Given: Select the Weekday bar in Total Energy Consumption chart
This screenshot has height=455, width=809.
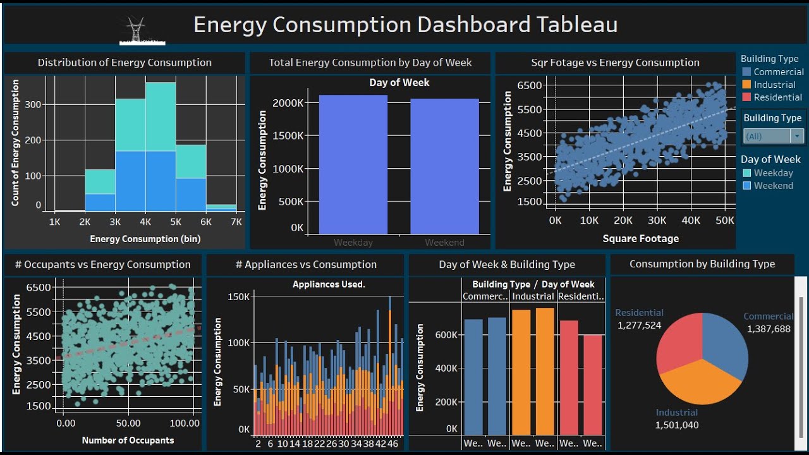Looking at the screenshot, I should pos(353,164).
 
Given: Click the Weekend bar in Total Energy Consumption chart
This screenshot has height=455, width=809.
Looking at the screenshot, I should pos(444,166).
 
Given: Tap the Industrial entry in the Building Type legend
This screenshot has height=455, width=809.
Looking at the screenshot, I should pos(774,85).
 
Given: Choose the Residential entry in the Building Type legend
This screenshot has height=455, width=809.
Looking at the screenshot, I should pos(777,97).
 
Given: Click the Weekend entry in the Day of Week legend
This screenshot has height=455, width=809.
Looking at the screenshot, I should pos(773,186).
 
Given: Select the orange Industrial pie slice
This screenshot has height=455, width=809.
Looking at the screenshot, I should pos(698,382).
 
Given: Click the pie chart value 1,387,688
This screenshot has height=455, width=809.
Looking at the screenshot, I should pos(769,329).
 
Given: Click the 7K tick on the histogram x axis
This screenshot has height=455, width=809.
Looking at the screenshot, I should pos(236,222).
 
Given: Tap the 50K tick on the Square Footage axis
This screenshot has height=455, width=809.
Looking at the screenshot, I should pos(724,221).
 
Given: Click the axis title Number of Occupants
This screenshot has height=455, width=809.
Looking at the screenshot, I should pos(128,440).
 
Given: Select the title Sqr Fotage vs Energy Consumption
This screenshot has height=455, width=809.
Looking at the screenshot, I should pos(615,63).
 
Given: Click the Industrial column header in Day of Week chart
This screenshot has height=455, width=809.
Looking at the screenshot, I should pos(533,296).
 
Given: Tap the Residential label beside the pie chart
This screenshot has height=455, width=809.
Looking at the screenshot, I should pos(639,313).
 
